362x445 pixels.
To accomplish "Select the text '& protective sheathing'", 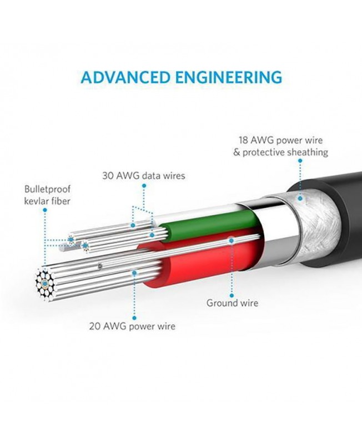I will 280,152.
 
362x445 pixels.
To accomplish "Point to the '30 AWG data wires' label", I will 144,176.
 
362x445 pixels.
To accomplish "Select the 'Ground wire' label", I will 232,303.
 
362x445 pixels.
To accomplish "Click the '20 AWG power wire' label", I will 132,326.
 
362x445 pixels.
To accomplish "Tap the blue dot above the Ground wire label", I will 232,240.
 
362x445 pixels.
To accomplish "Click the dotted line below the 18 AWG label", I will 300,178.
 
